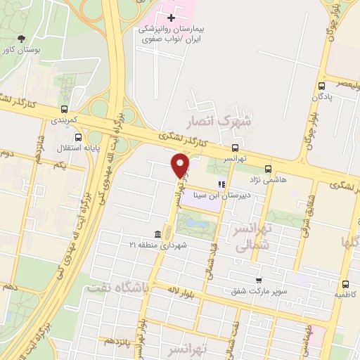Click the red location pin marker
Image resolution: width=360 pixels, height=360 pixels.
[x=181, y=165]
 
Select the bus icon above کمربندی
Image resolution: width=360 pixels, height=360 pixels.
[x=65, y=109]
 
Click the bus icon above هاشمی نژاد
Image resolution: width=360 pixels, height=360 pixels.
[x=268, y=169]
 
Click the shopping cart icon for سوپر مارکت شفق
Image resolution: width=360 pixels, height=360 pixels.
[x=259, y=280]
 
